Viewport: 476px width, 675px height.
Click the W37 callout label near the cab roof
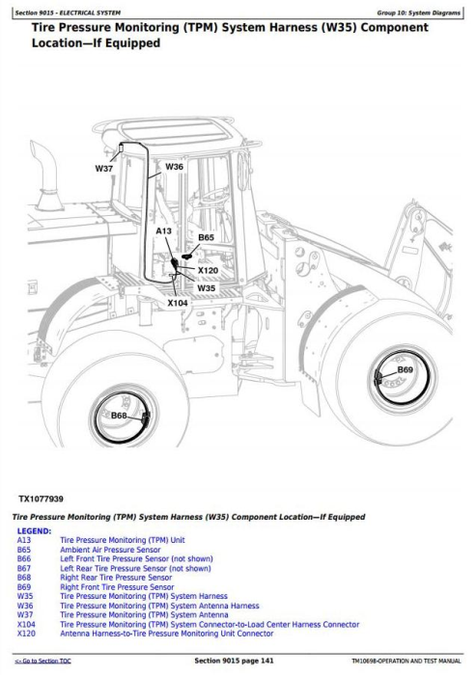pos(104,169)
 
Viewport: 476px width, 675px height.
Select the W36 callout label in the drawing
pos(174,167)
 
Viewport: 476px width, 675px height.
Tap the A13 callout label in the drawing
pos(163,231)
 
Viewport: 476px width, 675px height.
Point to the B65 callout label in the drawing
pos(206,237)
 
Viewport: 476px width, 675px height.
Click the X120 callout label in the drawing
pos(208,271)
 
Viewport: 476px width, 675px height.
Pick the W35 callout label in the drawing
pos(206,288)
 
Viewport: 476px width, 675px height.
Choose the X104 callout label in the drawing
pos(178,303)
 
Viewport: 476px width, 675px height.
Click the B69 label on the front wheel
pos(405,369)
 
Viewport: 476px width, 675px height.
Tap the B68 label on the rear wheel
pos(119,416)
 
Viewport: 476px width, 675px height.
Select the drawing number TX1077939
pos(41,499)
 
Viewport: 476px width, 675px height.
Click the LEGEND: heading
pos(34,531)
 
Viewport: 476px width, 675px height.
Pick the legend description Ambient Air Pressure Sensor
pos(110,550)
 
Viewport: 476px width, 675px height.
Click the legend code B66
pos(24,558)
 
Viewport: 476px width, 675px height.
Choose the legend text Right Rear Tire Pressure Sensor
pos(116,578)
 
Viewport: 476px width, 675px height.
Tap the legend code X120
pos(26,634)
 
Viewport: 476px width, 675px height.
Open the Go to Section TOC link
pos(42,661)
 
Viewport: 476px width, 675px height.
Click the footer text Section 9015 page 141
pos(234,661)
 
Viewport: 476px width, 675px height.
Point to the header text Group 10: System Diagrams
pos(419,13)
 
